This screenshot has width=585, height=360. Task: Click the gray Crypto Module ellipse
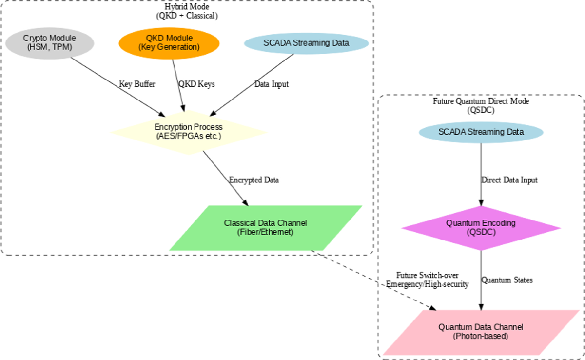pos(49,43)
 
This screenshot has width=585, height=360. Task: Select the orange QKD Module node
pos(169,43)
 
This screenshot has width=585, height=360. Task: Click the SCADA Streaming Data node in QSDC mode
pos(481,132)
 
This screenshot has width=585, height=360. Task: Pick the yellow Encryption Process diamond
pos(188,132)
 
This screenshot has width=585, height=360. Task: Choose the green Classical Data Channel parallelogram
pos(266,228)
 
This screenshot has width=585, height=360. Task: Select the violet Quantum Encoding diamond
pos(481,228)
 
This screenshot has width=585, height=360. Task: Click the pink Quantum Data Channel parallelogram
pos(480,331)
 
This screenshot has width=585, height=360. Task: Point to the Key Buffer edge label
pos(137,84)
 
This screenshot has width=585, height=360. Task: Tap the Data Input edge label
pos(272,84)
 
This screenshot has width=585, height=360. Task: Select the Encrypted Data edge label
pos(254,180)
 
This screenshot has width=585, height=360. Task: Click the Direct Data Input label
pos(509,180)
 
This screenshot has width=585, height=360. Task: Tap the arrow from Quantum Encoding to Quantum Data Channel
pos(481,280)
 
